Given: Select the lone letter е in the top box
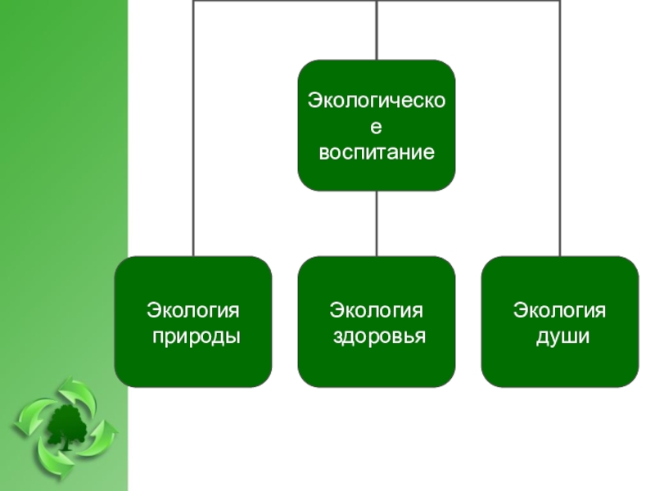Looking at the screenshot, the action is [x=377, y=128].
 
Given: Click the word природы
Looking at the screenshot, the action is [x=193, y=336].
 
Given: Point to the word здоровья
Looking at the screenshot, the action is [x=377, y=336].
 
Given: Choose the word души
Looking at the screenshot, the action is [x=560, y=336].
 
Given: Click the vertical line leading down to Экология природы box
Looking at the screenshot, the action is [x=193, y=164].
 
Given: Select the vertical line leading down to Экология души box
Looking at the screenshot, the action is [x=560, y=164].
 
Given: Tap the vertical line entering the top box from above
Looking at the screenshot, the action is [x=377, y=33].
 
